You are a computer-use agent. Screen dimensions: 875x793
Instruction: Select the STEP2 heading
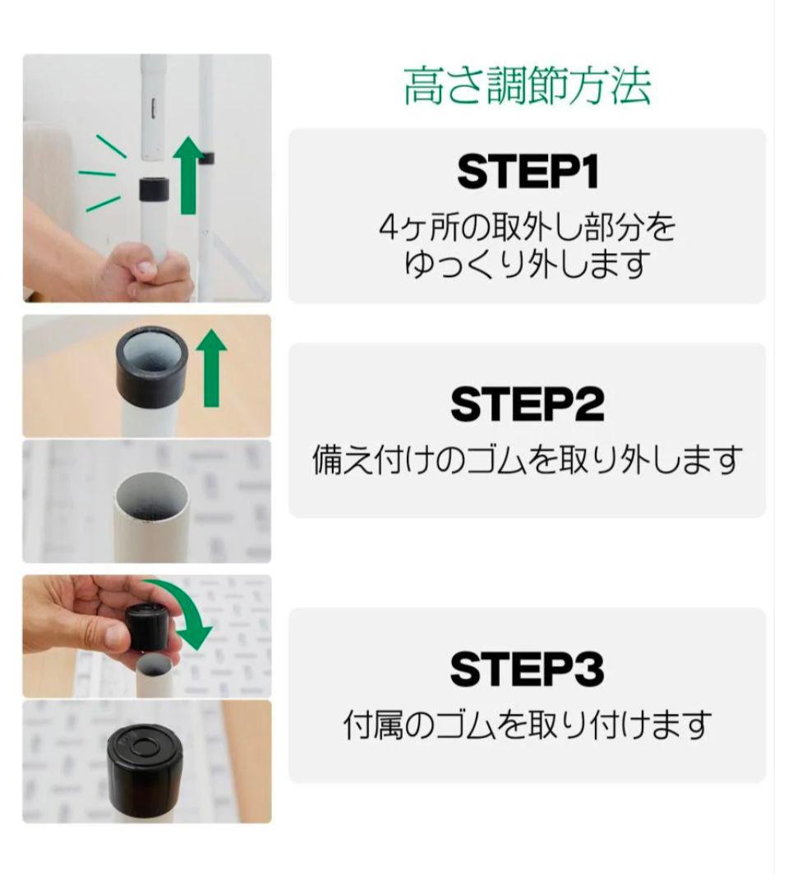click(x=528, y=403)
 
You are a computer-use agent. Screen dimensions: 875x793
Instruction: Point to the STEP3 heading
click(x=528, y=669)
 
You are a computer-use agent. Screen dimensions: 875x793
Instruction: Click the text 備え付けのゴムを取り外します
click(x=528, y=460)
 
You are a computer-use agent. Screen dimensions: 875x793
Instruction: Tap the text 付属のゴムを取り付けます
click(x=528, y=725)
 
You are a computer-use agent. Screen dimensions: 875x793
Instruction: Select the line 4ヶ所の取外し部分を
click(x=528, y=228)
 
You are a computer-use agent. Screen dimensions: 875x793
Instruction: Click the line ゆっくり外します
click(x=528, y=265)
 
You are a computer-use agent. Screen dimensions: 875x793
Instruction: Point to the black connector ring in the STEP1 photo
click(x=154, y=190)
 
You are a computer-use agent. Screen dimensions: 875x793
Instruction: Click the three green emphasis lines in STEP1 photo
click(x=103, y=173)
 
